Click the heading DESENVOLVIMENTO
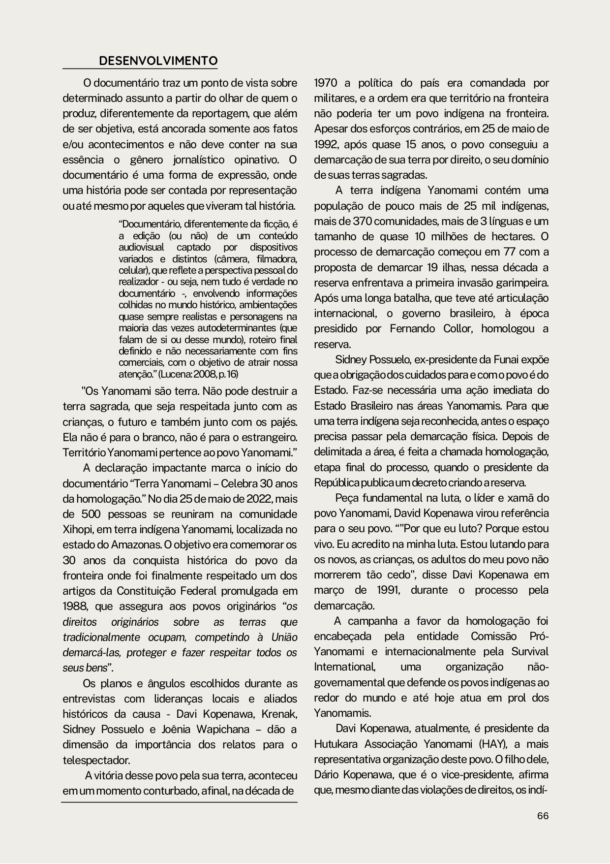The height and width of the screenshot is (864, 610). click(158, 61)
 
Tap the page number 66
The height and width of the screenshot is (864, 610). click(543, 816)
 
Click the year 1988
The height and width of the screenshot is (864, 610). click(75, 606)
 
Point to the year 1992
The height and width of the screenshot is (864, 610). click(326, 145)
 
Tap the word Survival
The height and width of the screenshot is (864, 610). click(529, 651)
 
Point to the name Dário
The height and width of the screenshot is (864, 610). click(326, 774)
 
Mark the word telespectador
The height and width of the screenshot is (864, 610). click(96, 760)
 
